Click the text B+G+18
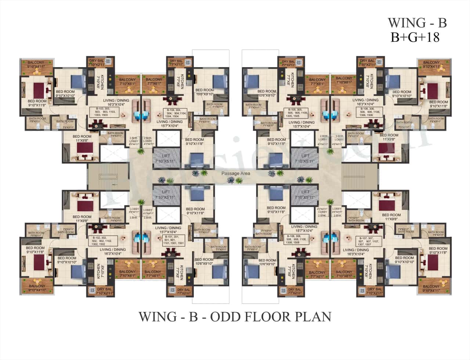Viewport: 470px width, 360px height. point(415,37)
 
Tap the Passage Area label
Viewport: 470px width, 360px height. point(235,173)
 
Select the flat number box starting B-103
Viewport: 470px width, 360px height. point(105,112)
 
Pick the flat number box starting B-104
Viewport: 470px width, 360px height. point(176,113)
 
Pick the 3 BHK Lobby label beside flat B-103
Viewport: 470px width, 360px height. point(134,141)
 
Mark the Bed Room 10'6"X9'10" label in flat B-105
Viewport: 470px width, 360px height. point(267,93)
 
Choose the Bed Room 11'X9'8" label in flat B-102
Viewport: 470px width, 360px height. point(82,219)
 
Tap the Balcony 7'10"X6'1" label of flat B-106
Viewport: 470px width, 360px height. point(344,80)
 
